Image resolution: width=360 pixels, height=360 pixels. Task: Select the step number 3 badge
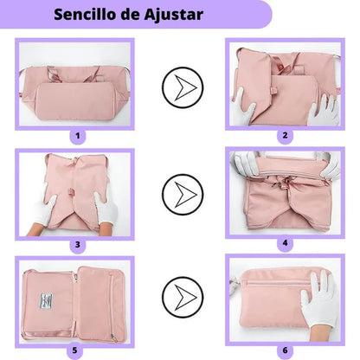coord(78,244)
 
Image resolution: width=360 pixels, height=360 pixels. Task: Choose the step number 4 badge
coord(284,244)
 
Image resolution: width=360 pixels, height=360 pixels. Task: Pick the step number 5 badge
coord(78,350)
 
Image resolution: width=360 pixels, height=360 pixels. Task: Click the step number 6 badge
coord(284,350)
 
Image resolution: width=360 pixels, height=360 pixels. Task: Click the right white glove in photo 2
coord(325,107)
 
